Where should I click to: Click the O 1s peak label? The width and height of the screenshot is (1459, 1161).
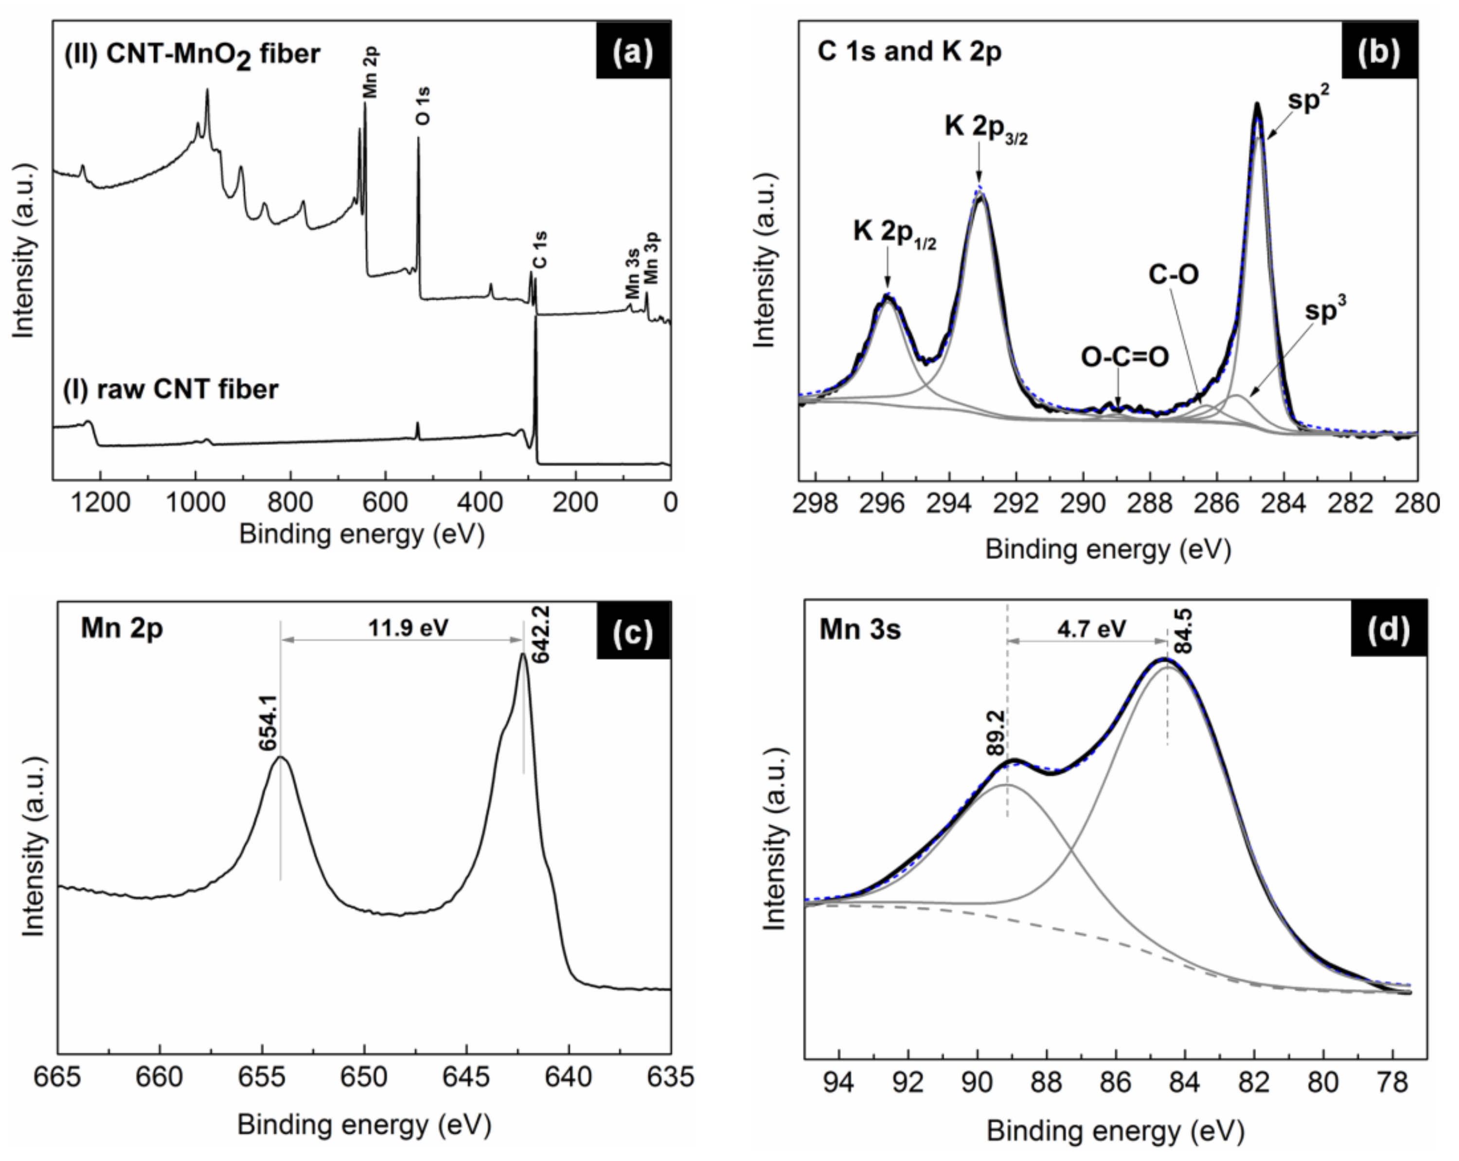coord(422,106)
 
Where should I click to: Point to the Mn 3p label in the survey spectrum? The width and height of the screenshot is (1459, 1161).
coord(651,258)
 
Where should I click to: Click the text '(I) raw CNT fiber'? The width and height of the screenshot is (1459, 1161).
coord(171,390)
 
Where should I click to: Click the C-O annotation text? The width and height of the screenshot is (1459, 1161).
coord(1174,275)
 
